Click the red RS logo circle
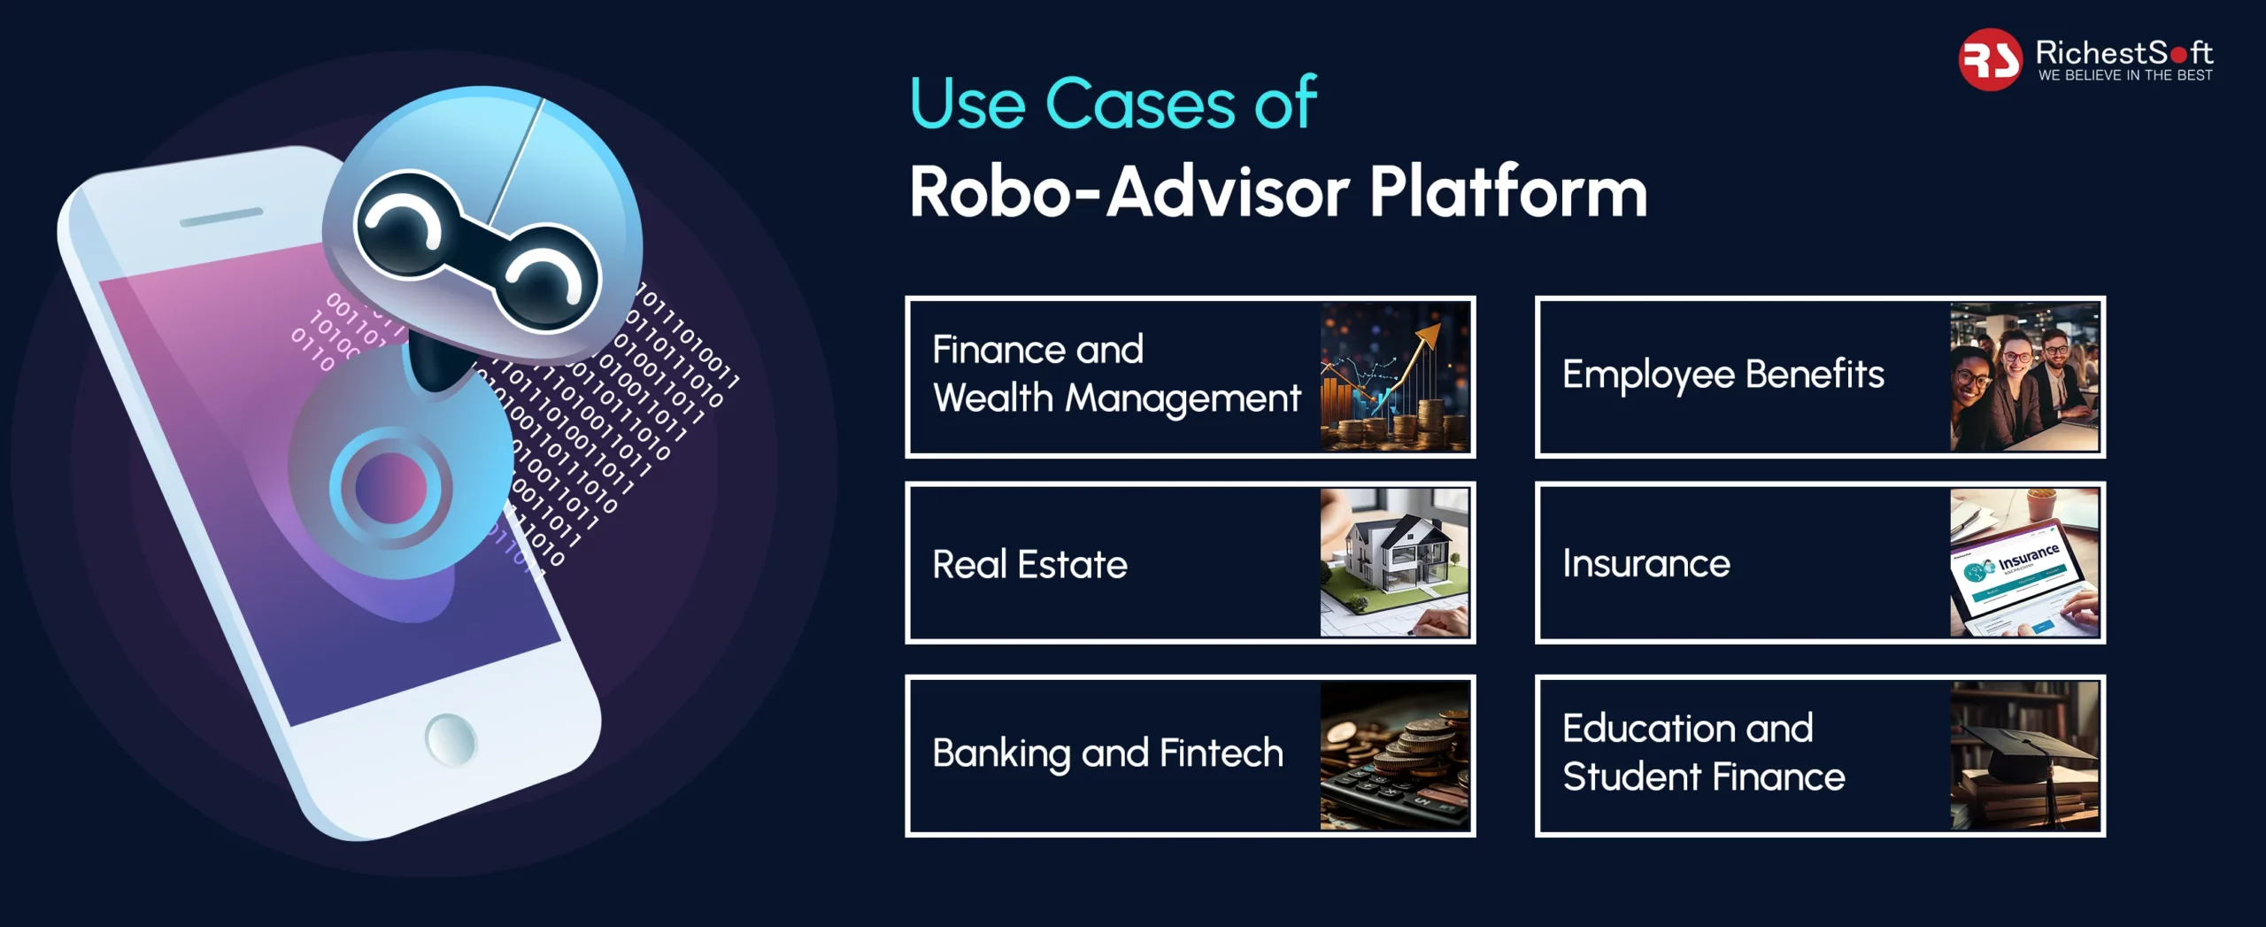pos(1990,59)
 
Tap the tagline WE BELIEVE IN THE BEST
pos(2125,75)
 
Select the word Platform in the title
pos(1508,191)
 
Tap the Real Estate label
pos(1029,564)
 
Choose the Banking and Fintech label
pos(1107,753)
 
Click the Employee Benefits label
pos(1723,375)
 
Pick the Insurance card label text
pos(1646,563)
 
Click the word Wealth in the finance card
pos(992,398)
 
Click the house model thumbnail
pos(1394,562)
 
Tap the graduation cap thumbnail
pos(2024,755)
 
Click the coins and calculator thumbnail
pos(1394,755)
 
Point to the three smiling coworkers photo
pos(2024,377)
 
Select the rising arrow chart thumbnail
pos(1394,377)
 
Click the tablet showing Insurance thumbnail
pos(2024,562)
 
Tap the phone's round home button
pos(451,738)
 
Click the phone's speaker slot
pos(221,217)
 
